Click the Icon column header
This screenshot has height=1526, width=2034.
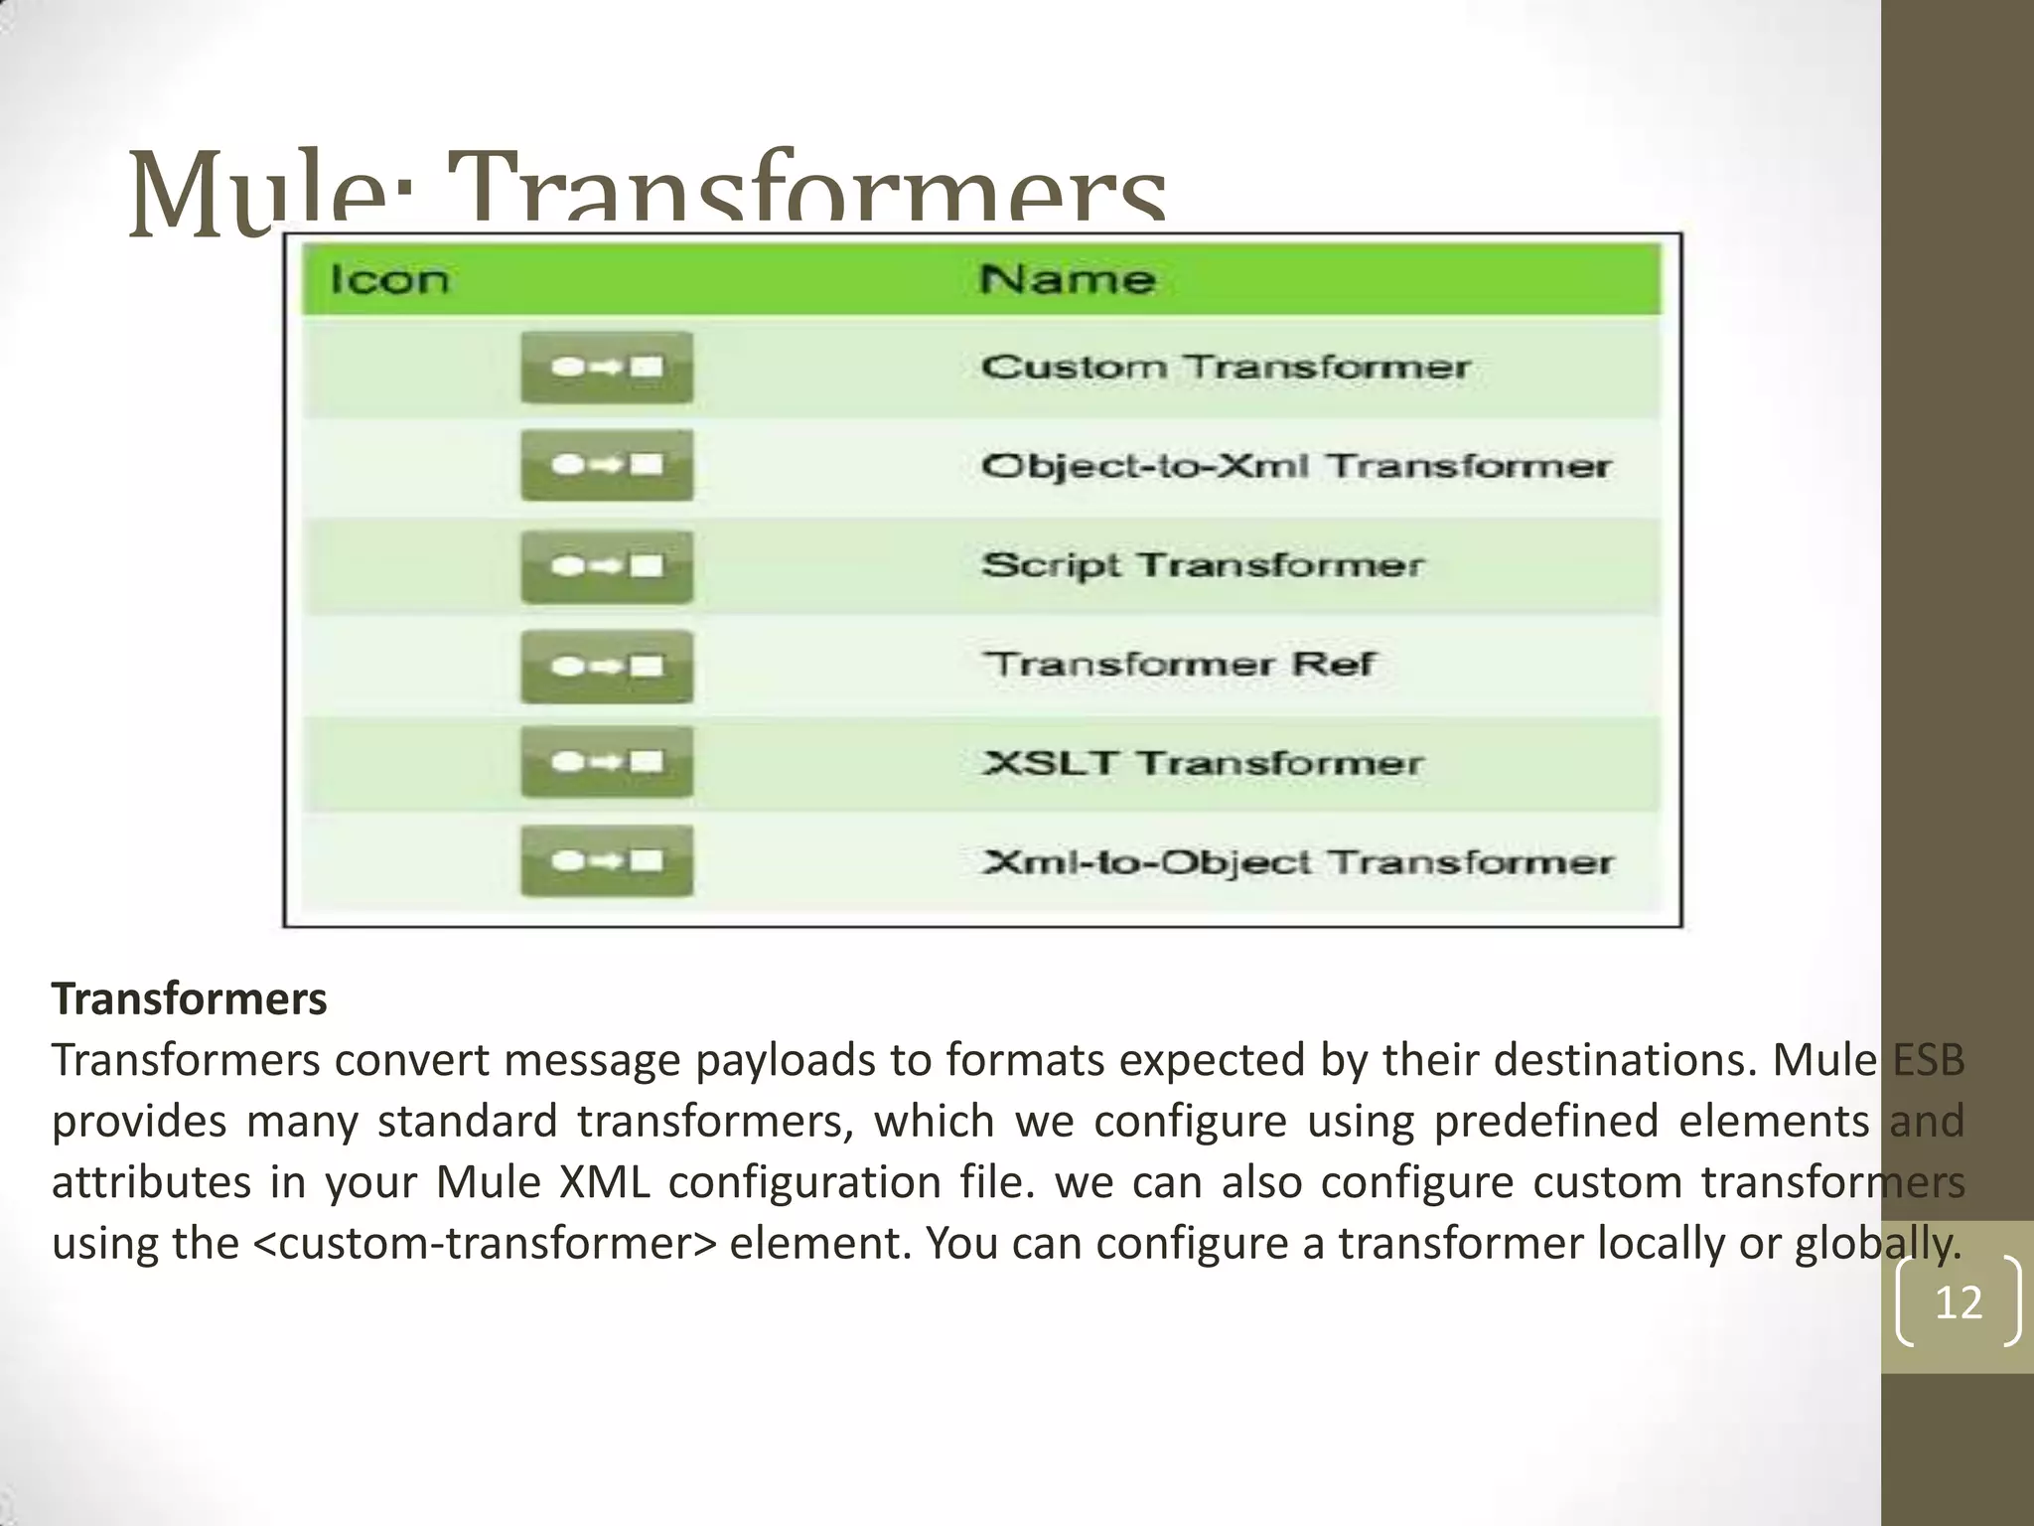(389, 280)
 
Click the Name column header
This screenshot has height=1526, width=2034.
(1067, 280)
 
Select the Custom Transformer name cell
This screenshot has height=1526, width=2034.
(1225, 368)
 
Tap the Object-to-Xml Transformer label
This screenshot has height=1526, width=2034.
(1295, 466)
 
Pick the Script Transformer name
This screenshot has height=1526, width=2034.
(1202, 565)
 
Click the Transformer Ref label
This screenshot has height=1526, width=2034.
(1179, 664)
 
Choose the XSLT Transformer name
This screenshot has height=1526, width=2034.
(1202, 763)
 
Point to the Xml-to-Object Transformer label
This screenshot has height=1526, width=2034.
(1297, 861)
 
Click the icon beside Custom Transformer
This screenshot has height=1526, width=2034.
(607, 368)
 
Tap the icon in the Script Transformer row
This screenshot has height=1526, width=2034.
(607, 566)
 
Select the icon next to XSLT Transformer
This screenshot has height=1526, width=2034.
(607, 762)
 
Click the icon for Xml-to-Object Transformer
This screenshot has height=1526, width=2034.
(607, 860)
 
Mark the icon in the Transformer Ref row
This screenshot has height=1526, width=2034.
(607, 666)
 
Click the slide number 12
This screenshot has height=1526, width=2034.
(1959, 1301)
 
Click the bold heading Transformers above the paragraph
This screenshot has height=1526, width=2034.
(189, 999)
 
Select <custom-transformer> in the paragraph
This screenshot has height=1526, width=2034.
(485, 1244)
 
